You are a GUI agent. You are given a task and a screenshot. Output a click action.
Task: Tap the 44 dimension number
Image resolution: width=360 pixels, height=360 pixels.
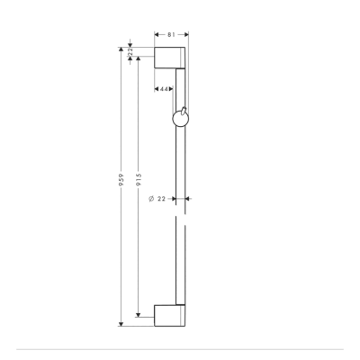[x=165, y=88]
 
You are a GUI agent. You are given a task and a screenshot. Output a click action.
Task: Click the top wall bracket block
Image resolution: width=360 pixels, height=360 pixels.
[x=171, y=58]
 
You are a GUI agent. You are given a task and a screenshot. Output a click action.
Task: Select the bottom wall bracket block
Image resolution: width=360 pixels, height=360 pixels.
[x=171, y=317]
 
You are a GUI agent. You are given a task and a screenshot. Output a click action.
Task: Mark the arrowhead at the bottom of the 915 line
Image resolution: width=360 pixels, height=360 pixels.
[x=138, y=314]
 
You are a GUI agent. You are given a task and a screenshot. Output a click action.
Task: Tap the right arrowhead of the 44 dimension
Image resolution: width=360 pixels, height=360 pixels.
[x=175, y=88]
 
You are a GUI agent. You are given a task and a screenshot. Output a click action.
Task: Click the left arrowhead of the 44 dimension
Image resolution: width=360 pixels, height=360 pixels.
[x=157, y=88]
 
